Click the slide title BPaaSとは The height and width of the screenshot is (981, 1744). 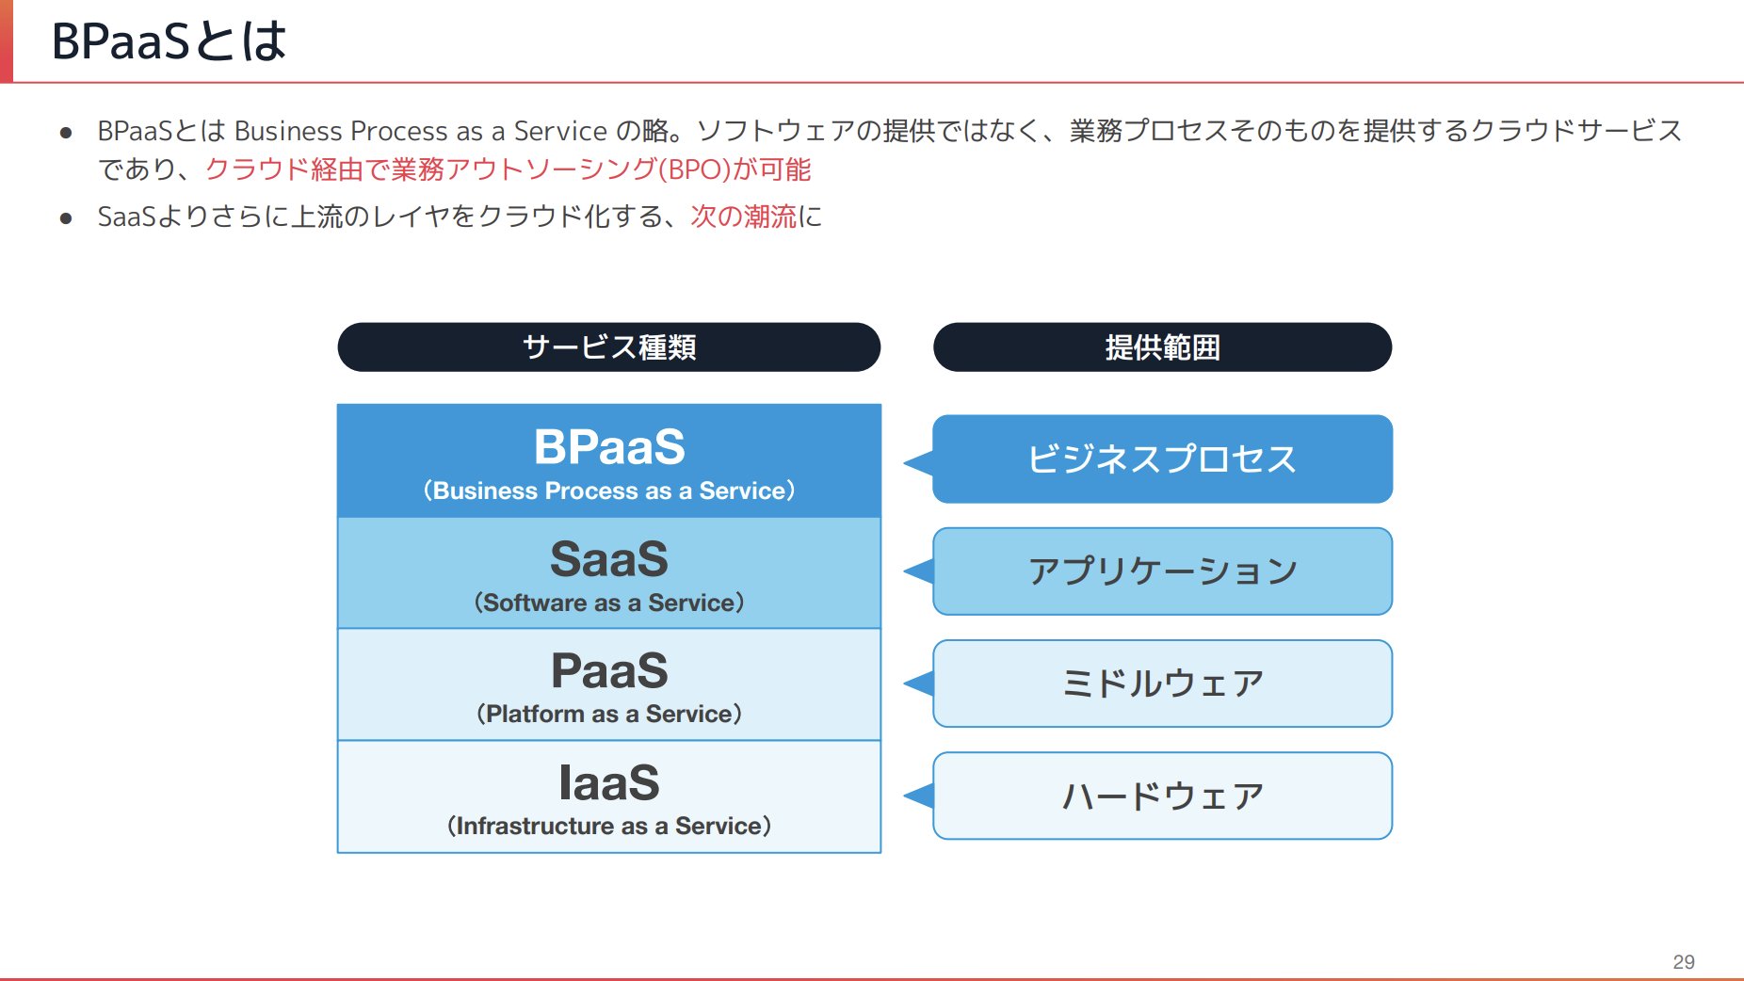[169, 41]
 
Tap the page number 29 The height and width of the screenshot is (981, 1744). [1683, 961]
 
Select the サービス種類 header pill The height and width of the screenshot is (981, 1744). [608, 347]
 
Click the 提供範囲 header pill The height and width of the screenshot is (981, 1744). [1162, 347]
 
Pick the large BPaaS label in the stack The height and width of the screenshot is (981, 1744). [608, 446]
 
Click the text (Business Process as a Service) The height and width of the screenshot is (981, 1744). [608, 490]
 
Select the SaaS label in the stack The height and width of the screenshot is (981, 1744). [608, 559]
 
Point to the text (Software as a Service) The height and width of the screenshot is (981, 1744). [608, 603]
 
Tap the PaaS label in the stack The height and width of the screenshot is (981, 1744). [608, 671]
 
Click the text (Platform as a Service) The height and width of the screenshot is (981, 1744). [608, 714]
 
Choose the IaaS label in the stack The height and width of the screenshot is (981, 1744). [608, 782]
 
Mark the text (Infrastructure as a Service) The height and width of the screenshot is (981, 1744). [608, 826]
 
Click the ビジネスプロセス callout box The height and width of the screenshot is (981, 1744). [1162, 459]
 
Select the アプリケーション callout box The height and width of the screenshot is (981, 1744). [1162, 571]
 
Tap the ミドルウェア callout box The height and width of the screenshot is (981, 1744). [1162, 683]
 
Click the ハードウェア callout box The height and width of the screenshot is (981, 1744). [1162, 796]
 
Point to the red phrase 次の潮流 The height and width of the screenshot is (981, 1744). [743, 217]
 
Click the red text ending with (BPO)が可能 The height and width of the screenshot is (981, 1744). [508, 169]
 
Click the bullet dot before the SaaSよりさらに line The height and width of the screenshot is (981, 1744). [66, 218]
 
